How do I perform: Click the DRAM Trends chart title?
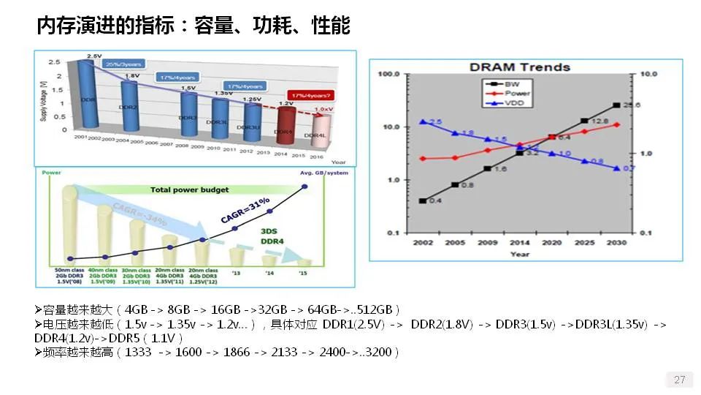click(519, 67)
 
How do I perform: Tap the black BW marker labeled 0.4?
click(423, 200)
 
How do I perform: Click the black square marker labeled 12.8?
click(583, 121)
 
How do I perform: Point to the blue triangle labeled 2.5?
click(423, 122)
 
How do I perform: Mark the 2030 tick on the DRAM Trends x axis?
click(616, 242)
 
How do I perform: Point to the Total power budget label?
click(189, 189)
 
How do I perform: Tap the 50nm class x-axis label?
click(70, 271)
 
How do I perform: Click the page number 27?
click(679, 380)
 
